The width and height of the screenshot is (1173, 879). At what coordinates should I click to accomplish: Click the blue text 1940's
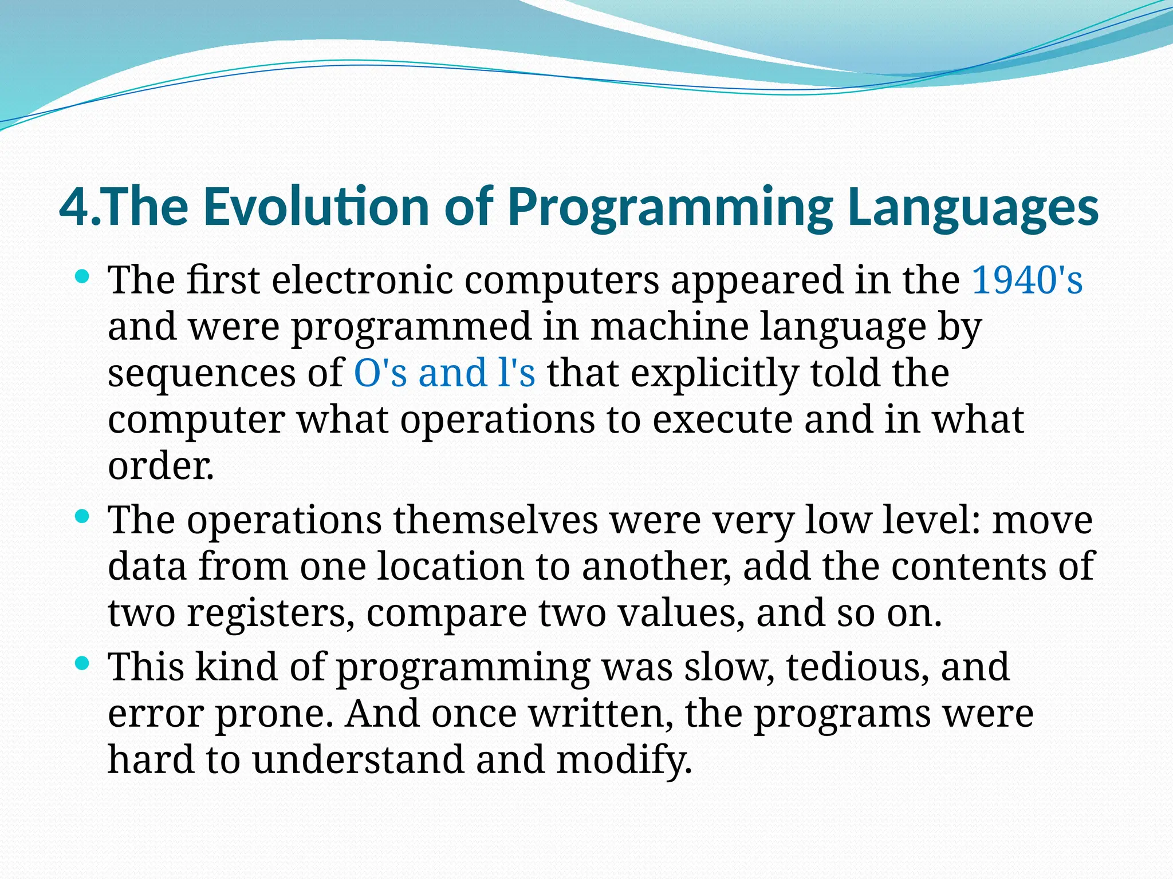[1027, 280]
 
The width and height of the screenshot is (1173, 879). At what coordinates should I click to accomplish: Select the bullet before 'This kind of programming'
[83, 664]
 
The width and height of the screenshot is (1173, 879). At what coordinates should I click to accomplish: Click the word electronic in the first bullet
[362, 280]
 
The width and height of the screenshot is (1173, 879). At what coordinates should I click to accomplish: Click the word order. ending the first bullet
[161, 466]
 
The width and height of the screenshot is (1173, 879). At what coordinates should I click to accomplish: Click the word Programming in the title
[670, 207]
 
